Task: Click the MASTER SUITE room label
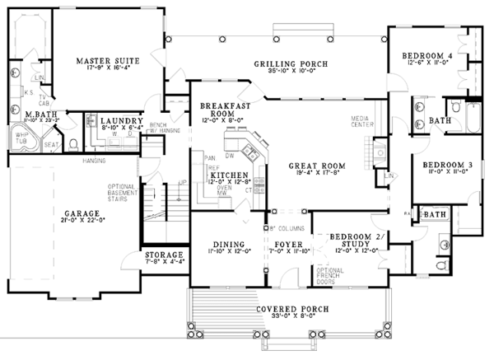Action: coord(107,61)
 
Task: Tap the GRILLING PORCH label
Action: coord(291,63)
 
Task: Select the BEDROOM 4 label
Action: coord(426,56)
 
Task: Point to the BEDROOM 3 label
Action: coord(447,165)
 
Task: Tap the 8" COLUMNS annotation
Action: coord(287,227)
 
